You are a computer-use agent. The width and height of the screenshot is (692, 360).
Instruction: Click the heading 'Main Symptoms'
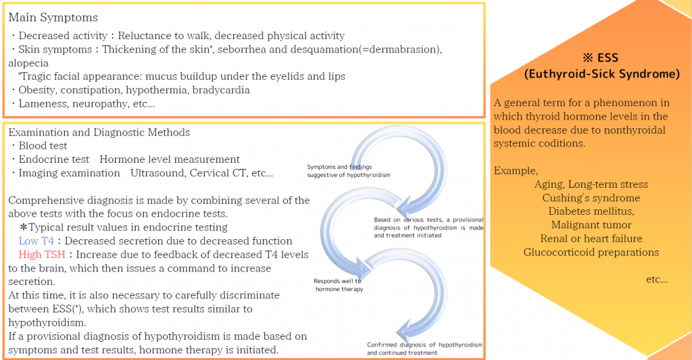coord(53,18)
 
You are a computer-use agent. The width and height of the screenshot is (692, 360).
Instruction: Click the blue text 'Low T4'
coord(36,241)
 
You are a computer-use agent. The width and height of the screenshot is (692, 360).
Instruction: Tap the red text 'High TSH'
coord(42,255)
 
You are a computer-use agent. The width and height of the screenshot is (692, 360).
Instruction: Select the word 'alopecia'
coord(28,63)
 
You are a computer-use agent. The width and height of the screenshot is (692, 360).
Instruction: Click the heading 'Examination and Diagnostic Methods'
coord(99,132)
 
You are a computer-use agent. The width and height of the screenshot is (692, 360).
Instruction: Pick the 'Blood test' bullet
coord(43,146)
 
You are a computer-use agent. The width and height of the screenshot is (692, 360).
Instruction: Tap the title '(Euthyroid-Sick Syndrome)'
coord(602,74)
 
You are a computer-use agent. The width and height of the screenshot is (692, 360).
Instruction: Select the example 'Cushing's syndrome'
coord(591,198)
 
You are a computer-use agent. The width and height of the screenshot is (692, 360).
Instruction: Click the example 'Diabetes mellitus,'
coord(591,211)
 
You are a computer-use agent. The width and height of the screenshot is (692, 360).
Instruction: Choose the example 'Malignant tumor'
coord(591,225)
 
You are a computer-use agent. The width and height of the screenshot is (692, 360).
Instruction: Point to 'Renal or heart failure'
coord(591,238)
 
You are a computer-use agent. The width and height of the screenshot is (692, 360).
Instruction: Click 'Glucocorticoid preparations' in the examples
coord(591,253)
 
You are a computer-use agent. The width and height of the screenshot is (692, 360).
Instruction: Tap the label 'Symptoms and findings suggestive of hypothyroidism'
coord(349,171)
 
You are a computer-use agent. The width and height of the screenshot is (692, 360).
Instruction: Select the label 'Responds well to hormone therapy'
coord(339,285)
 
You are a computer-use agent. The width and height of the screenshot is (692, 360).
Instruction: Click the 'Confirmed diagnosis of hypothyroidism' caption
coord(424,345)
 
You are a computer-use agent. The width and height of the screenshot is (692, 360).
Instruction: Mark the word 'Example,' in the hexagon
coord(516,171)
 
